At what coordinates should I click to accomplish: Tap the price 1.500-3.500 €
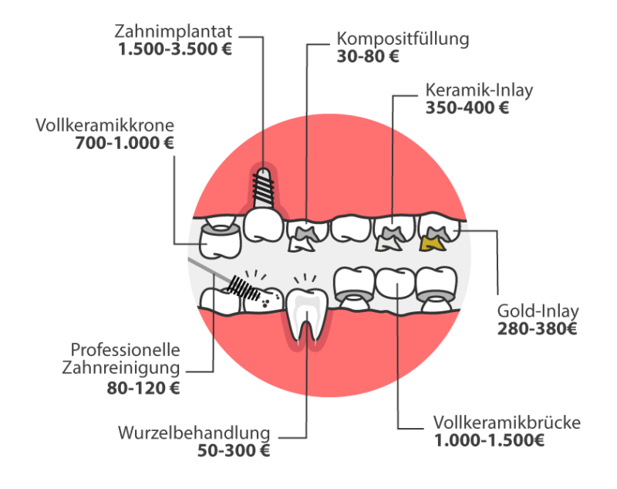click(175, 49)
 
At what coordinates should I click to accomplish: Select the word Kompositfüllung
click(403, 39)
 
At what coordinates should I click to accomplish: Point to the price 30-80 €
click(368, 56)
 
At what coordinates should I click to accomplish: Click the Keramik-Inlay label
click(479, 90)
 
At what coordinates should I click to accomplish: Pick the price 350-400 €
click(467, 108)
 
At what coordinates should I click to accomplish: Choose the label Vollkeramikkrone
click(105, 125)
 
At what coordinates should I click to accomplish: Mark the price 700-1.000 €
click(124, 143)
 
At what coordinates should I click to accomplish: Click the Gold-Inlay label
click(538, 311)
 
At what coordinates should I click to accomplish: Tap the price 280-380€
click(537, 328)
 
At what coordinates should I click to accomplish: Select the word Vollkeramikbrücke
click(507, 423)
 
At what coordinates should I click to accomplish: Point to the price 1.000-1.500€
click(489, 440)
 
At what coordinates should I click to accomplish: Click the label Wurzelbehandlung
click(194, 433)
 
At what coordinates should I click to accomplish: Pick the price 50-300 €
click(234, 450)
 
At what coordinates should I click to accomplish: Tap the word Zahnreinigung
click(121, 368)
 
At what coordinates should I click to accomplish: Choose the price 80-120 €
click(143, 389)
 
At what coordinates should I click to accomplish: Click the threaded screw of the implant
click(263, 187)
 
